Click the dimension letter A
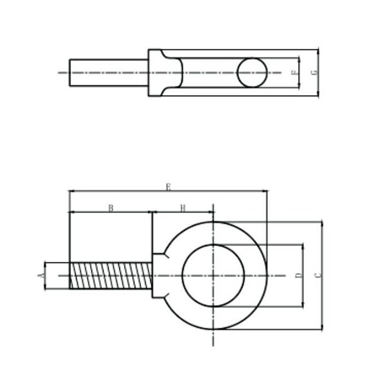(x=41, y=275)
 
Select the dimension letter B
(x=110, y=208)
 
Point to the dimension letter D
(x=299, y=275)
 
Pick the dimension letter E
(x=168, y=187)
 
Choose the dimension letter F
(x=295, y=73)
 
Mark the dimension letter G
(x=314, y=73)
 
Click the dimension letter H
(x=183, y=208)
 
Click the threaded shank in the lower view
(x=110, y=275)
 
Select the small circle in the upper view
(x=252, y=73)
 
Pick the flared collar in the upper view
(x=160, y=73)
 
